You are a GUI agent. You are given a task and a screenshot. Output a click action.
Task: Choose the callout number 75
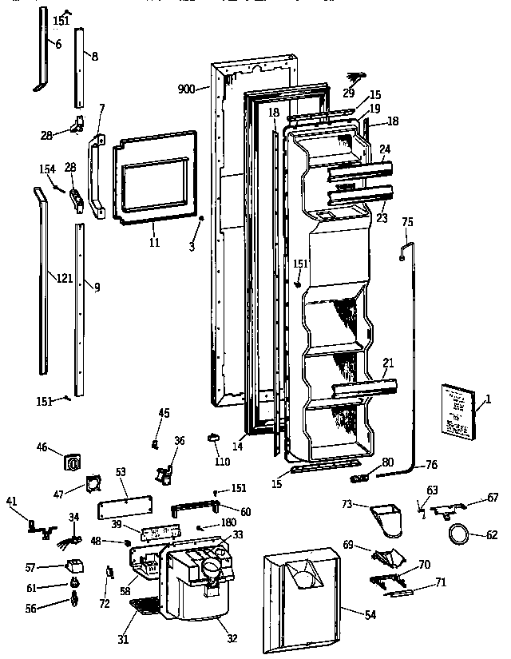click(407, 222)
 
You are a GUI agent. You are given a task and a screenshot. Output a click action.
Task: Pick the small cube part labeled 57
click(76, 566)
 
